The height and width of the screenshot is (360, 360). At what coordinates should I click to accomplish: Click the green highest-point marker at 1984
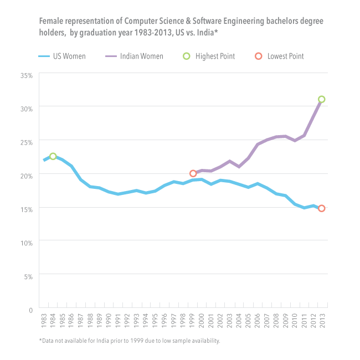pos(53,157)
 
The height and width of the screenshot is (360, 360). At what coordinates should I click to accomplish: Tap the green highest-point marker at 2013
pos(321,100)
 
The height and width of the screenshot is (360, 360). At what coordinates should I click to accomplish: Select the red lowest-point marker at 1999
pos(193,173)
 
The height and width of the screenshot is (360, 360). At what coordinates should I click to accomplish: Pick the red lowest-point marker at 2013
pos(321,208)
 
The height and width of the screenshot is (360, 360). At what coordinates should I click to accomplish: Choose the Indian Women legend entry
pos(133,56)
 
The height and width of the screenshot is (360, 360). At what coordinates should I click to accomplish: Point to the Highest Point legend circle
pos(187,56)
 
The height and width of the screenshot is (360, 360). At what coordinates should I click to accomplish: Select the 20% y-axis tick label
pos(27,175)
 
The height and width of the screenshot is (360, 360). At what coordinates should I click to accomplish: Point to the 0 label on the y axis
pos(31,310)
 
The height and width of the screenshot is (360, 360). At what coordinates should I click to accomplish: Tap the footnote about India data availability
pos(129,341)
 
